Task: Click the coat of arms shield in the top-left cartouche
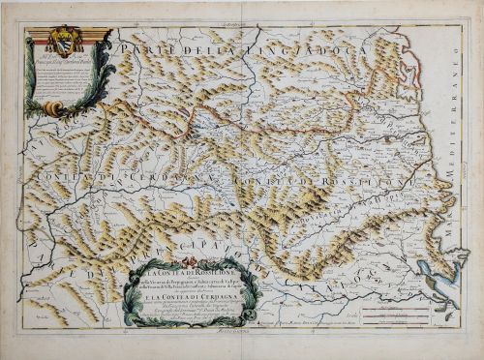(68, 44)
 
